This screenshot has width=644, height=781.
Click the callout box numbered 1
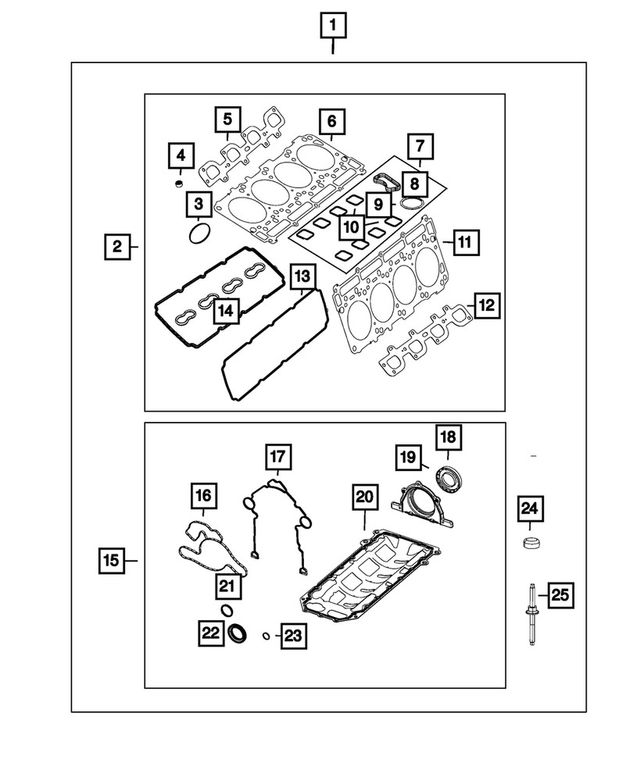click(x=333, y=27)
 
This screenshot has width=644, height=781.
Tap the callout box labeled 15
click(x=112, y=560)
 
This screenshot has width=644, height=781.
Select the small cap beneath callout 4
click(x=179, y=184)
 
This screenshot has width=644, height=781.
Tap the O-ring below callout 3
click(x=200, y=233)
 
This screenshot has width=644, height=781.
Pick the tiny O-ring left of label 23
click(x=267, y=637)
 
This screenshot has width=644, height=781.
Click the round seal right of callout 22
click(x=240, y=633)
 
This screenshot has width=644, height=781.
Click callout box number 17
click(x=277, y=456)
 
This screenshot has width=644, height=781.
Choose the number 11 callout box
click(x=464, y=243)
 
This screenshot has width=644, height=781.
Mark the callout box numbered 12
click(x=486, y=306)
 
